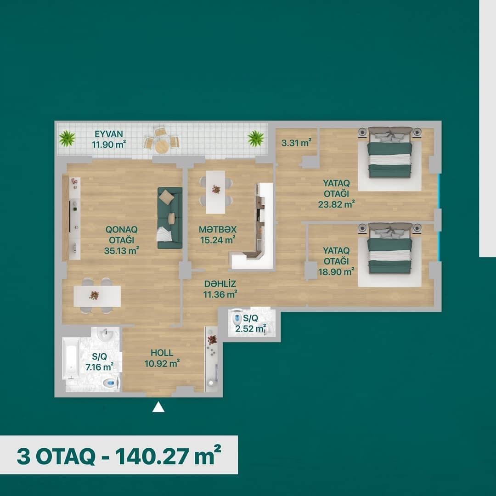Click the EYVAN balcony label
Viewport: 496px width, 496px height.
pos(109,134)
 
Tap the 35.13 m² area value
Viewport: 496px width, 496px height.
pos(121,251)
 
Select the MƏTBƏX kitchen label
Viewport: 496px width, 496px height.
pos(218,229)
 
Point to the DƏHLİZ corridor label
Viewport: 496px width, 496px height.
pos(220,284)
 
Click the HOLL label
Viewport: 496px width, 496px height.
pos(162,353)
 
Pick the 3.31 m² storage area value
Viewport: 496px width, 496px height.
pos(296,143)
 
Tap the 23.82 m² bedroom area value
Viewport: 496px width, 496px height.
pos(336,204)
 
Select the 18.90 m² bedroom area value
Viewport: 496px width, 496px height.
pos(336,271)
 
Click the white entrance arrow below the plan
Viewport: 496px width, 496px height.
pos(158,407)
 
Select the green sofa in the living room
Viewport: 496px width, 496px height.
pos(170,218)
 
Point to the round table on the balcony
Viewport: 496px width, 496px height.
pos(162,147)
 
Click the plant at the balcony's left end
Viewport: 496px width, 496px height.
pos(67,138)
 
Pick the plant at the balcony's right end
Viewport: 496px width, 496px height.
pos(256,138)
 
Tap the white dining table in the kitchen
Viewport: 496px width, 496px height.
pos(216,192)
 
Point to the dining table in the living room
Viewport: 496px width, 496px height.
pos(97,296)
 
